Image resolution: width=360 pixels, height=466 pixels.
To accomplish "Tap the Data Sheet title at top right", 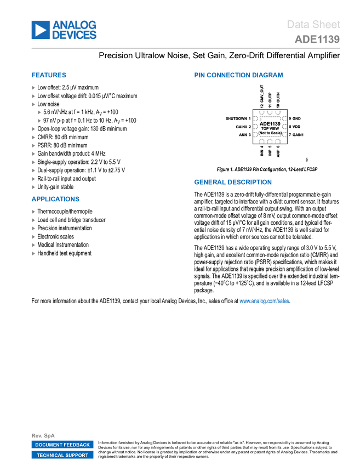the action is point(313,24).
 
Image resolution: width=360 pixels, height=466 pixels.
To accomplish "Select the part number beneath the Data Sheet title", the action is point(317,39).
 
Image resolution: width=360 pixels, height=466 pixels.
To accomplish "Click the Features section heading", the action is point(49,75).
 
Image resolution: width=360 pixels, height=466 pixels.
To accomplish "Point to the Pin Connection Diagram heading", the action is point(238,75).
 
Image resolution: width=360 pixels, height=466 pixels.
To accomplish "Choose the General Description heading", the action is point(232,182).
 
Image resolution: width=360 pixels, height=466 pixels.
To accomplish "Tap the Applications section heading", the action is point(55,199).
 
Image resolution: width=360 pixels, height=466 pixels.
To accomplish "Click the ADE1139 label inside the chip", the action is point(270,124).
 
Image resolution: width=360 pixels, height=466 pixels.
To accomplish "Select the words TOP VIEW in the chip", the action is point(270,129).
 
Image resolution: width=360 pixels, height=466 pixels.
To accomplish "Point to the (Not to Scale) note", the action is point(270,133).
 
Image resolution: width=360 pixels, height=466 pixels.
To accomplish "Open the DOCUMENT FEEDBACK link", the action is point(62,445).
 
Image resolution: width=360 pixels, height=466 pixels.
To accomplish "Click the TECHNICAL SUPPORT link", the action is point(62,455).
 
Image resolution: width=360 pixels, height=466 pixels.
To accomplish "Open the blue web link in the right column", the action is point(264,300).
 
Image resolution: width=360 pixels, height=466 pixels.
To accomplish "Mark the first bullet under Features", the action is point(33,88).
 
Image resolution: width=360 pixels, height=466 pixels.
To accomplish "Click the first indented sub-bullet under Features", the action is point(39,112).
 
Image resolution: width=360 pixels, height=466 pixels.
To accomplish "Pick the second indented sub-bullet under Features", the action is point(39,121).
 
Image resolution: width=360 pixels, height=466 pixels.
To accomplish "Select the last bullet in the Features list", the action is point(33,187).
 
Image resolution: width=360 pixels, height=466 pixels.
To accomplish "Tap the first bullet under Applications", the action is point(33,212).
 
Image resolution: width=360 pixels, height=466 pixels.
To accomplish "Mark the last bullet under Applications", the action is point(33,253).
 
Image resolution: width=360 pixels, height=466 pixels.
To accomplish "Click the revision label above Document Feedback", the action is point(43,435).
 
